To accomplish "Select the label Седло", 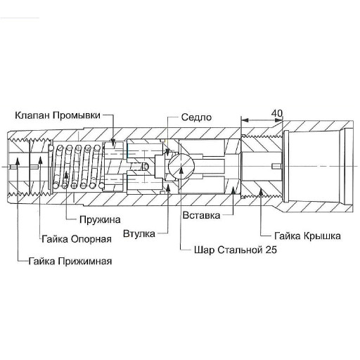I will (196, 117).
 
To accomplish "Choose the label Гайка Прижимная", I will (70, 261).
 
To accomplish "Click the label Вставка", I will (202, 214).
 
